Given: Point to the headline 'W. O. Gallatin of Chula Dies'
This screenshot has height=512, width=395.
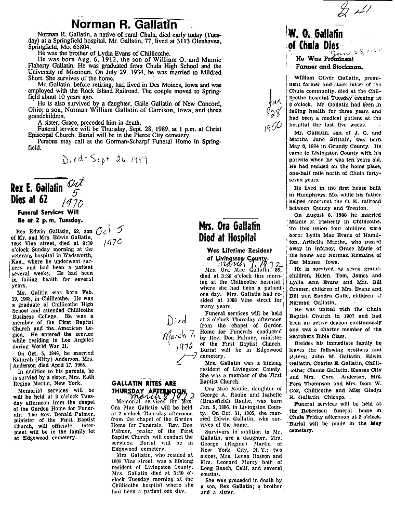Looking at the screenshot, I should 315,40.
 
